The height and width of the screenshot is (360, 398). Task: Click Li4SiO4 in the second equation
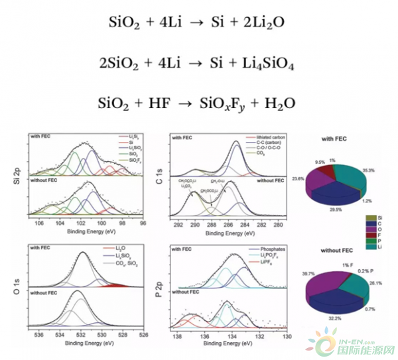265,64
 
